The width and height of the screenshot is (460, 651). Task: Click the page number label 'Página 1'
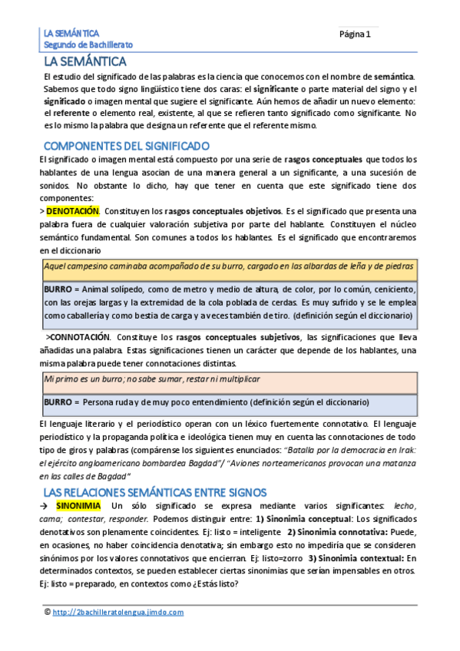pyautogui.click(x=355, y=34)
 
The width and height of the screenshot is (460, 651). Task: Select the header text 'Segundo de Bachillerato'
pyautogui.click(x=88, y=45)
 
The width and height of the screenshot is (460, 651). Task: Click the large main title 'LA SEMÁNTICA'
pyautogui.click(x=84, y=61)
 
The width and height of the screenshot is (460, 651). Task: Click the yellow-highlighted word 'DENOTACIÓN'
pyautogui.click(x=73, y=210)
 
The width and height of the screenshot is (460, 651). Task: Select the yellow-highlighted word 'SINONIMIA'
pyautogui.click(x=78, y=506)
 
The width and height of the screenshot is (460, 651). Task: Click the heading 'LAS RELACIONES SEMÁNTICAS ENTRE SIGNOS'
pyautogui.click(x=154, y=491)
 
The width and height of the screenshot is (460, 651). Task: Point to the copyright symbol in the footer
pyautogui.click(x=48, y=612)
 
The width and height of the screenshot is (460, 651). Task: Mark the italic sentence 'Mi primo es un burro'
pyautogui.click(x=152, y=379)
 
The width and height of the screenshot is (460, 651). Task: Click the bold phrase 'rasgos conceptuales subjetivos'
pyautogui.click(x=236, y=337)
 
